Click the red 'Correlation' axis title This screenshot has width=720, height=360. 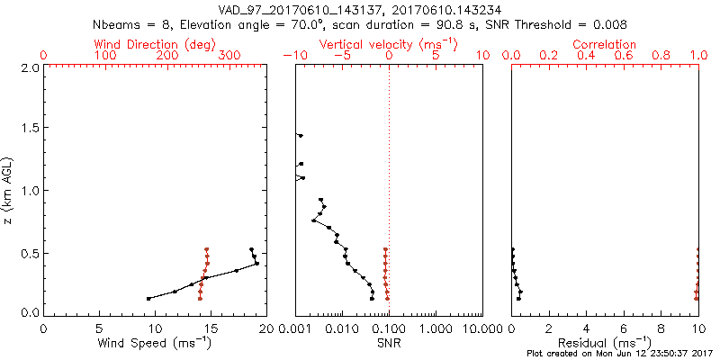coord(604,44)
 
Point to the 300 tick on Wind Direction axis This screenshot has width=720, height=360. coord(229,57)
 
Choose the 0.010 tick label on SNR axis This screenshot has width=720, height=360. coord(341,328)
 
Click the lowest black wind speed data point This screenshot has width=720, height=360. coord(148,299)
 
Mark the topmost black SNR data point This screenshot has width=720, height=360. coord(301,136)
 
